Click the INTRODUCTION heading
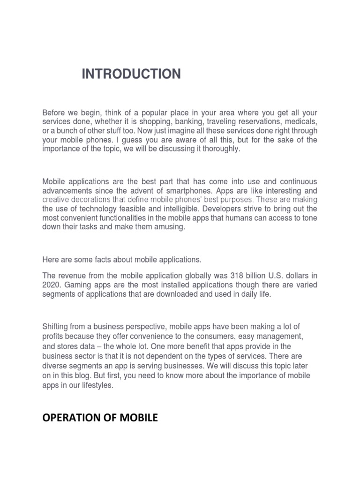pos(131,74)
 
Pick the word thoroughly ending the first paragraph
pos(221,149)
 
